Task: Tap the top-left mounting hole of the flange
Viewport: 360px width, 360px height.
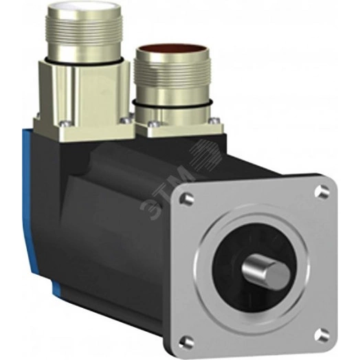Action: coord(185,199)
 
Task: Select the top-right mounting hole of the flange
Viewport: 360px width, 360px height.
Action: coord(322,192)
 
